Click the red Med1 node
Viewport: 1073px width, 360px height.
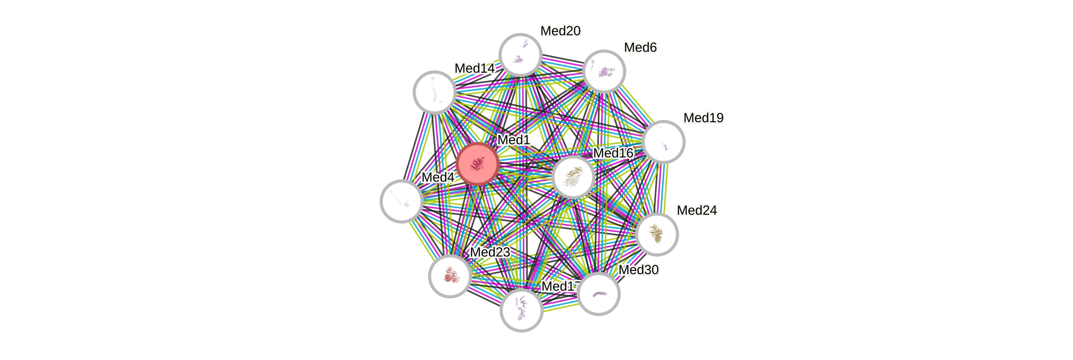[x=477, y=164]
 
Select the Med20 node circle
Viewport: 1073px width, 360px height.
[x=520, y=54]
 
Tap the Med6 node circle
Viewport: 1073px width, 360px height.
[x=604, y=71]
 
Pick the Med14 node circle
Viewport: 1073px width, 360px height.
[x=434, y=92]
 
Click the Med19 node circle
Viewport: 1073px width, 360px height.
[x=663, y=142]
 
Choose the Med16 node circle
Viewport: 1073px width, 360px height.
[x=573, y=177]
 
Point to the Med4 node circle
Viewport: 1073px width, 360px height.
[x=401, y=201]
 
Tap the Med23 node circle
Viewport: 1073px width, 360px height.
[x=450, y=276]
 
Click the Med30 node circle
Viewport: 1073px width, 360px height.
[x=599, y=294]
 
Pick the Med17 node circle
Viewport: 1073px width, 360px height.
[x=521, y=310]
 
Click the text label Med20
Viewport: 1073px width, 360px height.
[x=560, y=31]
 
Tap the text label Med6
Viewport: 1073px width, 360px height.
[x=640, y=48]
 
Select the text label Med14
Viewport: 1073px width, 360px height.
[x=474, y=68]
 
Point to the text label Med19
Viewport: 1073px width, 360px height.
[x=704, y=118]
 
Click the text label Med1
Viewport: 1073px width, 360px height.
[x=514, y=140]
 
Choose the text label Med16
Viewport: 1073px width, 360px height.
[x=613, y=153]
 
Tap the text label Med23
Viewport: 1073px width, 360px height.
[x=490, y=252]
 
